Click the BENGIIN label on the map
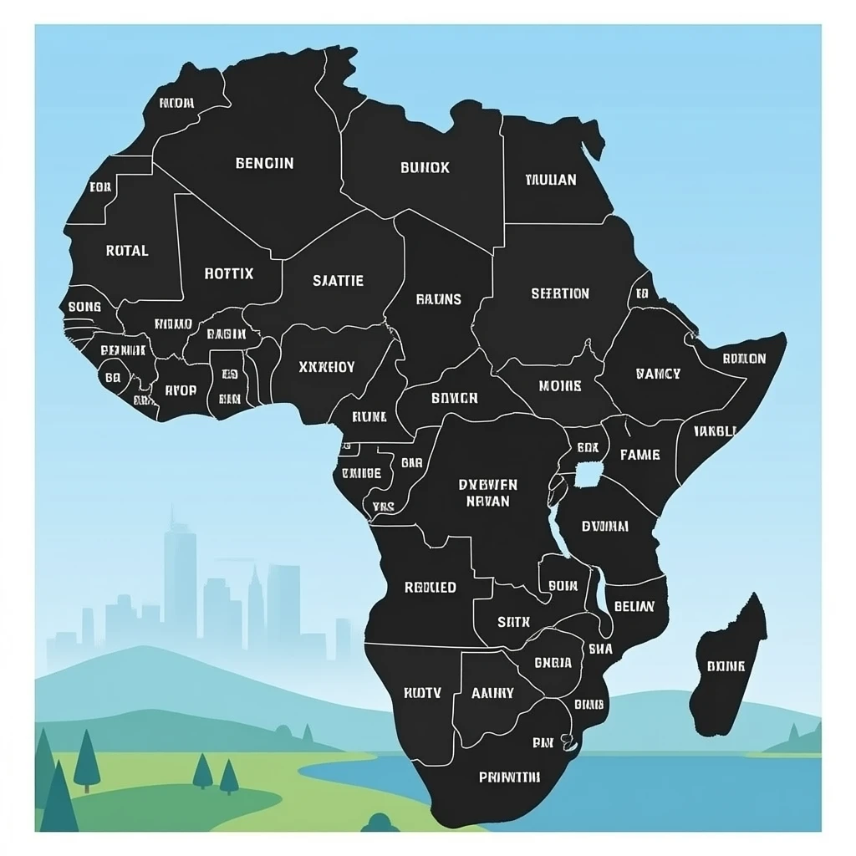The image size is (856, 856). click(264, 163)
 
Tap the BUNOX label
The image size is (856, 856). click(425, 167)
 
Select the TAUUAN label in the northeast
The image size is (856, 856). click(551, 180)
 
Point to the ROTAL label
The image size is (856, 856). click(127, 250)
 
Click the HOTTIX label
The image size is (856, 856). click(228, 273)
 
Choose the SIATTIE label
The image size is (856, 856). click(338, 281)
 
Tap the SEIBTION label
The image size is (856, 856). click(560, 293)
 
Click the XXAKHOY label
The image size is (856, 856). click(326, 366)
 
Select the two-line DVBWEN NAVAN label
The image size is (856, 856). click(488, 493)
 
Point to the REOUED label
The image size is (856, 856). click(431, 588)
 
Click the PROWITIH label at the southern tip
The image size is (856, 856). click(509, 777)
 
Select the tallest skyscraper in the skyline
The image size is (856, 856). click(179, 577)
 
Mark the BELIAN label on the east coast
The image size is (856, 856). click(634, 607)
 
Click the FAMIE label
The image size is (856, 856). click(639, 456)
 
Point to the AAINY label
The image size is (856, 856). click(492, 693)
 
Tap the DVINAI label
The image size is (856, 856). click(605, 527)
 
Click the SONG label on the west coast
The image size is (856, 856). click(84, 307)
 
